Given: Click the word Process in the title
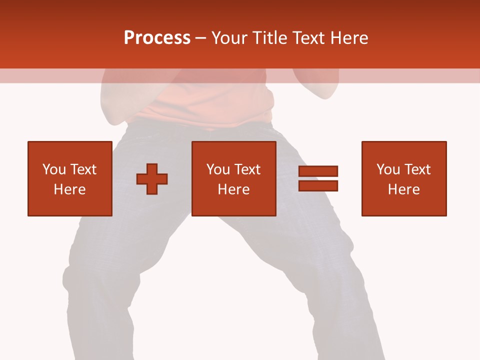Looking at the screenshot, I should click(x=157, y=38).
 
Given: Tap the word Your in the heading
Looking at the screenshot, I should click(x=229, y=38).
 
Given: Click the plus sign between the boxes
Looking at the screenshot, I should click(x=152, y=179).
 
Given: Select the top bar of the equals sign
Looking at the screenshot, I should click(x=318, y=171).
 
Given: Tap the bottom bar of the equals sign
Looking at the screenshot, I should click(x=318, y=186).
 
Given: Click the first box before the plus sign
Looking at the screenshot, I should click(x=69, y=178).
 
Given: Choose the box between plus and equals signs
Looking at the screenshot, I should click(x=233, y=178).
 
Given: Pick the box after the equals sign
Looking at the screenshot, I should click(x=403, y=178).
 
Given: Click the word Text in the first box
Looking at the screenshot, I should click(x=83, y=169).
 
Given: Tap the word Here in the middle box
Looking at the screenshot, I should click(x=233, y=189).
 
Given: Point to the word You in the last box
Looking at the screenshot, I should click(x=388, y=169).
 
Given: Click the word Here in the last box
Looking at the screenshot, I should click(x=403, y=189).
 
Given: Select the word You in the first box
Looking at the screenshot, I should click(x=54, y=169).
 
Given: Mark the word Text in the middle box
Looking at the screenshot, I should click(x=247, y=169).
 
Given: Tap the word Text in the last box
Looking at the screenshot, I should click(x=417, y=169).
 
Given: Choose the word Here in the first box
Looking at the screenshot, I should click(x=69, y=189).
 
